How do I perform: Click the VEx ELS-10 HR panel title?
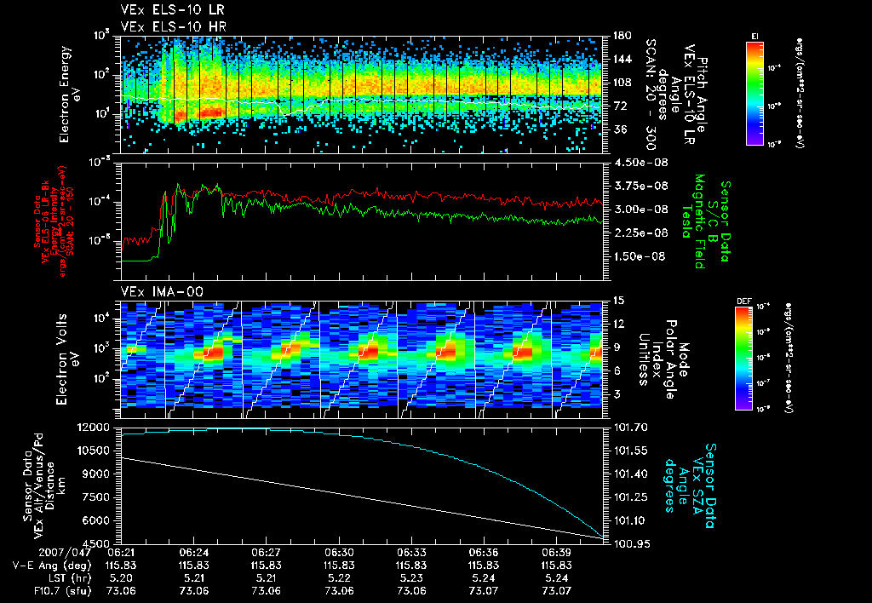166,26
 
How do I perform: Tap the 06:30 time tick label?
339,552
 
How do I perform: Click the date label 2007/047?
34,552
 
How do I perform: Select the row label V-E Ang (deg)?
45,565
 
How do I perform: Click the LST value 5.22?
339,577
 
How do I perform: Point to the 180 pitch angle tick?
622,36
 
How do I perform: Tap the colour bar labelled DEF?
754,358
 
